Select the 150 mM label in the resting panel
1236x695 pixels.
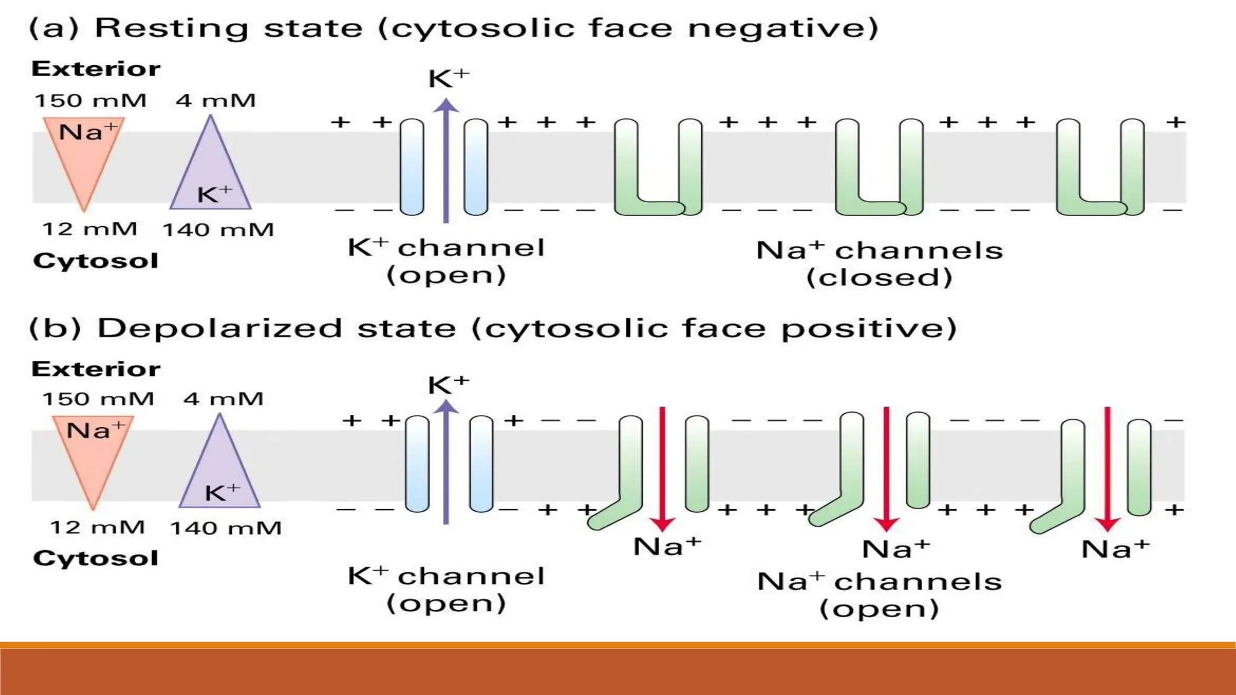point(90,100)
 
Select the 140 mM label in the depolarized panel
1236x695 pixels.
point(226,528)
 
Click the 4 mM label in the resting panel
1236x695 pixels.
point(215,100)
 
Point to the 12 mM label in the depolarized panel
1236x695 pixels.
point(97,527)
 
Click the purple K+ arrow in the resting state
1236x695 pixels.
point(446,163)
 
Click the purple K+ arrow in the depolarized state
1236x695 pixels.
point(446,465)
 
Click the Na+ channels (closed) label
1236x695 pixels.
point(879,264)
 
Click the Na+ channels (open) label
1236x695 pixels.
point(879,595)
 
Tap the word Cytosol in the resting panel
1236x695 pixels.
point(95,261)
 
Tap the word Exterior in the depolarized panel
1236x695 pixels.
point(95,369)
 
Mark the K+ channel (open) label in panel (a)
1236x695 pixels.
point(446,261)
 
